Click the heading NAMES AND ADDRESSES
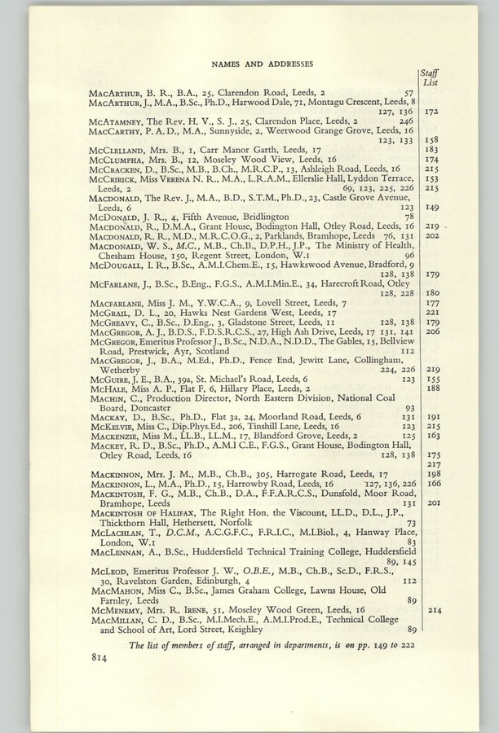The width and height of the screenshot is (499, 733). coord(249,64)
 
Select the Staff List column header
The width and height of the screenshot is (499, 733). coord(431,78)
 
